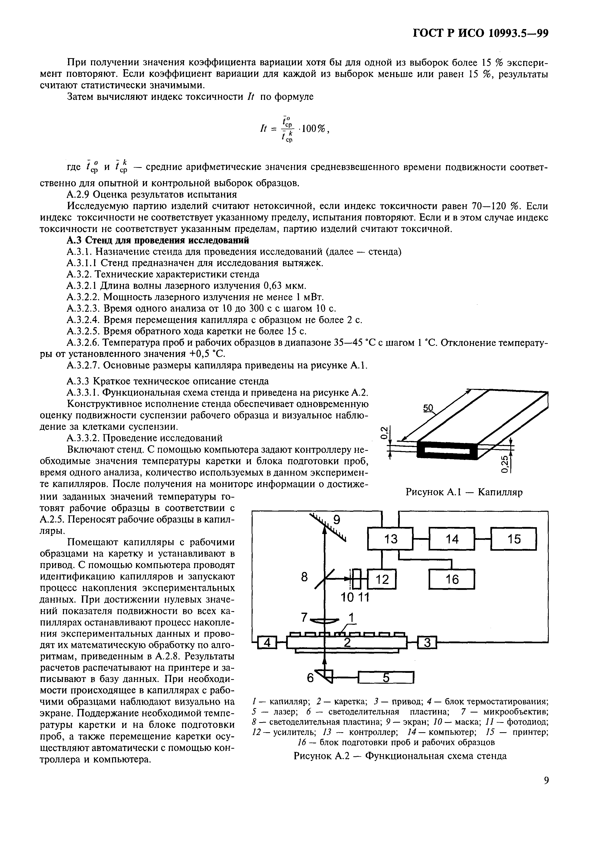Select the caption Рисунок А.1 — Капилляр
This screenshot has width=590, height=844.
click(464, 492)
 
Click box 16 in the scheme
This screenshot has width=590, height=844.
click(452, 580)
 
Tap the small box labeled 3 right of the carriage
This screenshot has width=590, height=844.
click(427, 642)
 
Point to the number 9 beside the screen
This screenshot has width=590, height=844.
click(336, 520)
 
